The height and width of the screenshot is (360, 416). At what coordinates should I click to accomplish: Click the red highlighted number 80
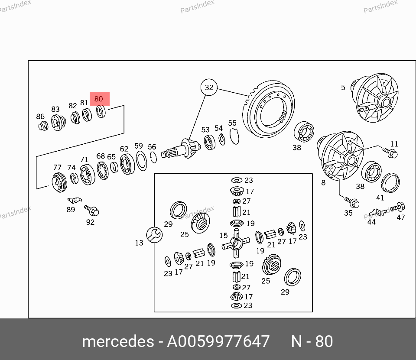pos(98,99)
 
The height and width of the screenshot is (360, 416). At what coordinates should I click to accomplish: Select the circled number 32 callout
pos(209,87)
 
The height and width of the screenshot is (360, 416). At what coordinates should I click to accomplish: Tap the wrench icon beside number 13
pos(154,235)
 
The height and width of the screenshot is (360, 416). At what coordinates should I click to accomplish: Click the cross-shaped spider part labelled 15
pos(236,243)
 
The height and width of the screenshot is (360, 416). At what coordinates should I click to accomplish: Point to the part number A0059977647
pos(218,341)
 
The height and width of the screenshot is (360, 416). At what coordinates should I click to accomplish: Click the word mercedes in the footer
pos(118,341)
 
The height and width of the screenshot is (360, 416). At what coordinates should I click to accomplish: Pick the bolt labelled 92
pos(92,210)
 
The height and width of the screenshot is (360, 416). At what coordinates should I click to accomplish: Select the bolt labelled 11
pos(390,152)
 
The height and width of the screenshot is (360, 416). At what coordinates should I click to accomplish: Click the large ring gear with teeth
pos(269,109)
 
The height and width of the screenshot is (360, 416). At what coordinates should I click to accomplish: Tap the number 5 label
pos(343,88)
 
